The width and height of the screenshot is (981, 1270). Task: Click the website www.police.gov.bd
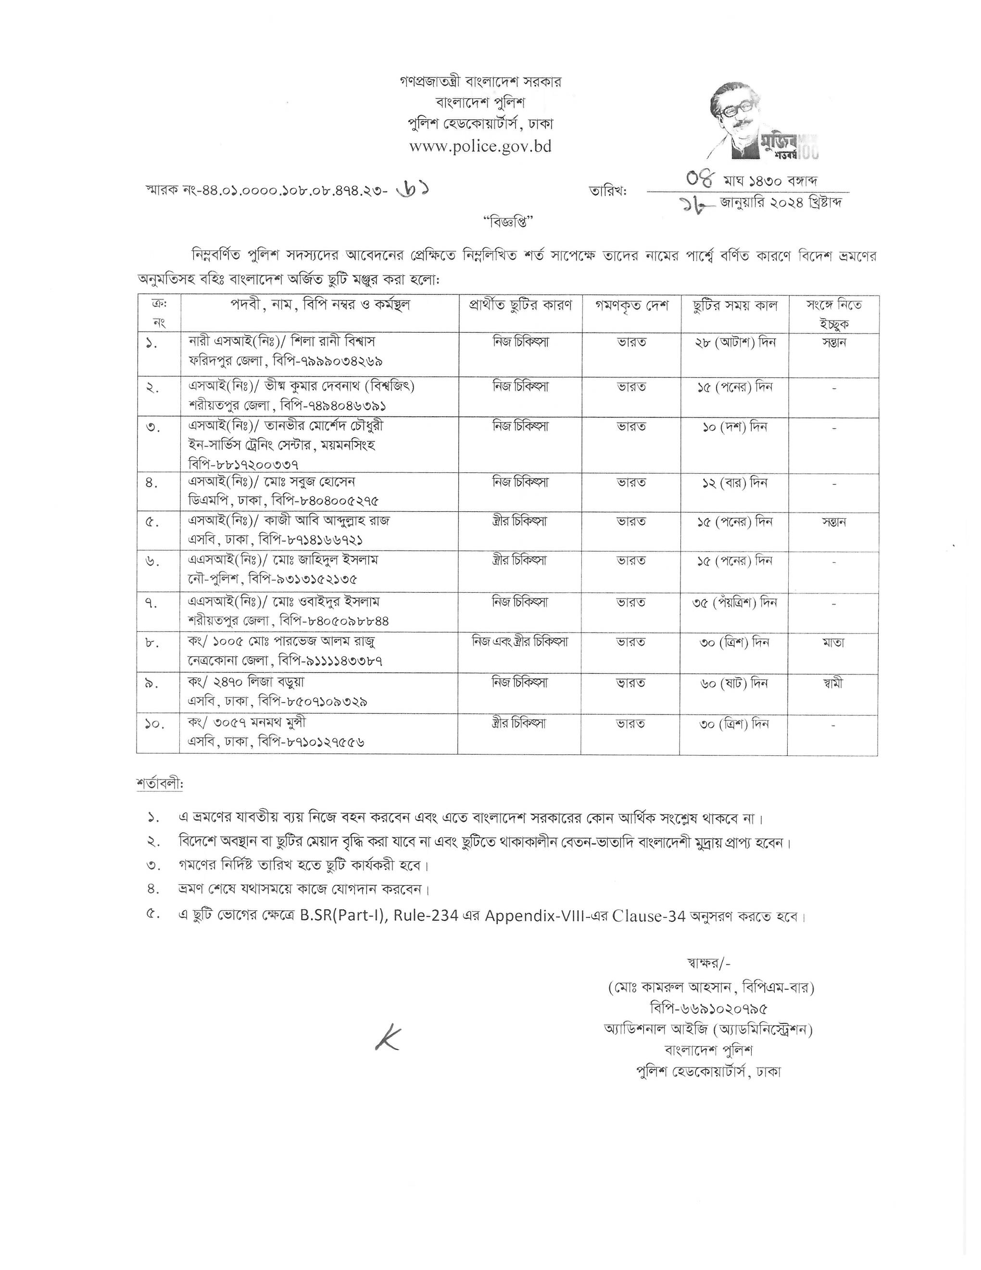tap(480, 146)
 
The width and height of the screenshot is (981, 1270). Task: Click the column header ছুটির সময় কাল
tap(734, 305)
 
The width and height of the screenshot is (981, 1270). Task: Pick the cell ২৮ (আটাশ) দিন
tap(734, 342)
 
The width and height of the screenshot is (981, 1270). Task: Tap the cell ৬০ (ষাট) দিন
tap(734, 683)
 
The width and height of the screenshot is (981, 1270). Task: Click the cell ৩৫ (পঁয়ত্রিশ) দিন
tap(734, 602)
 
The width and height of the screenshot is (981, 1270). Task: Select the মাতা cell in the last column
tap(833, 642)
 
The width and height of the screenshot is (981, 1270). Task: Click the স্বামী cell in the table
tap(833, 683)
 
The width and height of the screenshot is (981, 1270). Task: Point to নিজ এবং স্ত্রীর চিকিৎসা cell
tap(519, 642)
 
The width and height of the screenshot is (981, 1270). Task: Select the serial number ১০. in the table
tap(154, 724)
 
